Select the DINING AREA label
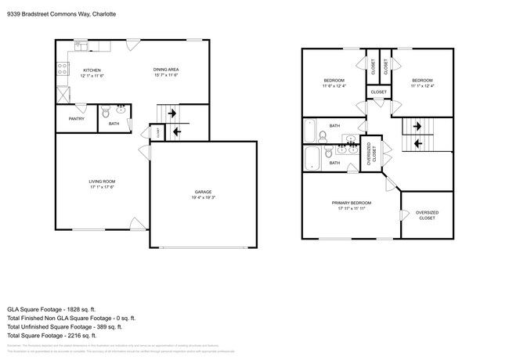[165, 70]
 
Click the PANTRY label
[76, 119]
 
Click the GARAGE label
[203, 192]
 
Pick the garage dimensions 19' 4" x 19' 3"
[203, 198]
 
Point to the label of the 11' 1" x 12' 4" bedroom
[422, 81]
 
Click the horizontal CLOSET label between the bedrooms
[378, 92]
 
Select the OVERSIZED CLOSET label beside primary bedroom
[426, 215]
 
